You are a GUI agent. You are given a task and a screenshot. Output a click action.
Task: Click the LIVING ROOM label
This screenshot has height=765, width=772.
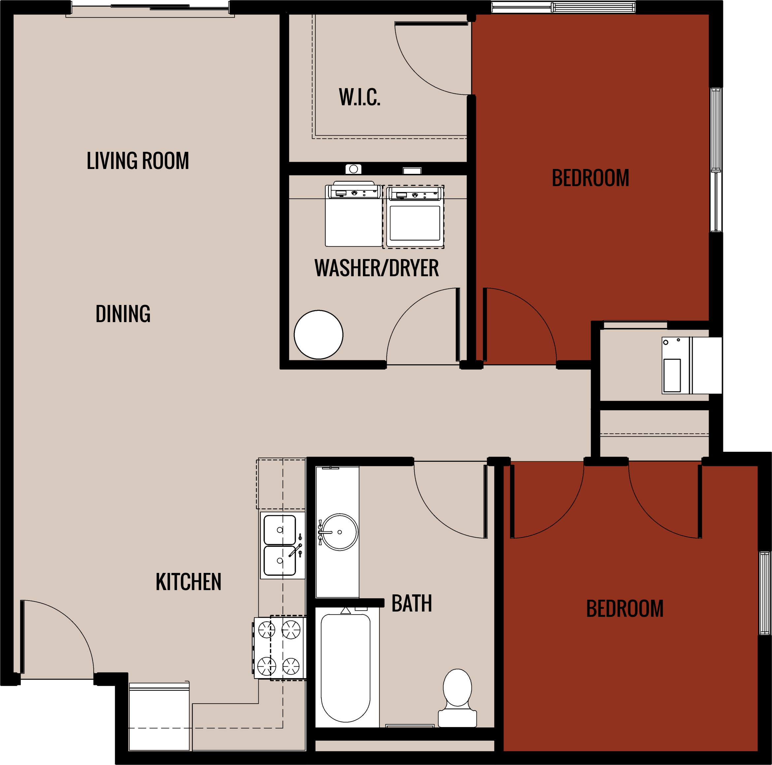click(x=138, y=161)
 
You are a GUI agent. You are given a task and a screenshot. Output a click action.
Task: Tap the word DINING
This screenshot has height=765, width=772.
click(x=123, y=314)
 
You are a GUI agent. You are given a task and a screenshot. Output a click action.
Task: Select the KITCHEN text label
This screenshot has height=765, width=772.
click(x=188, y=582)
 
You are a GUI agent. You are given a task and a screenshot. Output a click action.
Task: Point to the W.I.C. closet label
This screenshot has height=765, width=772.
click(x=360, y=97)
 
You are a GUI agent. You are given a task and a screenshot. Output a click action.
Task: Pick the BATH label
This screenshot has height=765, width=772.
click(x=412, y=604)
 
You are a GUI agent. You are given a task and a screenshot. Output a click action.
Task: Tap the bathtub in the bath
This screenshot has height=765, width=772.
click(x=346, y=667)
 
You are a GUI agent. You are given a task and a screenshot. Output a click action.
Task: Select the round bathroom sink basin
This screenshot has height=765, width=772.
click(x=340, y=532)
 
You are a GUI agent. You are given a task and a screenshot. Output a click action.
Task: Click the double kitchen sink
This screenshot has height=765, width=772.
click(x=280, y=546)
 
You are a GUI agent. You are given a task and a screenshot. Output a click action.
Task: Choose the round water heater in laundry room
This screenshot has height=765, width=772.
click(x=318, y=335)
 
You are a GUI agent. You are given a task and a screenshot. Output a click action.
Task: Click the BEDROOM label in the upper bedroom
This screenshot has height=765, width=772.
click(x=590, y=178)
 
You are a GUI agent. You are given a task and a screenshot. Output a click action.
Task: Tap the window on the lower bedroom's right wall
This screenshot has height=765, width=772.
click(x=764, y=593)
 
